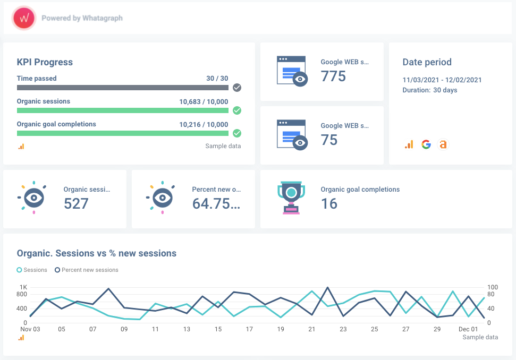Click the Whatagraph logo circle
[x=24, y=18]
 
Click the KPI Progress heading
[x=45, y=62]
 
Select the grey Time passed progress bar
[x=122, y=88]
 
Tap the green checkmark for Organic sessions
[x=237, y=110]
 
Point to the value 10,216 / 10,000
[x=204, y=125]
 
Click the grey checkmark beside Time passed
[x=237, y=88]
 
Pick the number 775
[x=333, y=76]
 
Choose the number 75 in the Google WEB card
[x=329, y=140]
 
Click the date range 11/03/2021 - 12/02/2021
[x=442, y=80]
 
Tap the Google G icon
[x=426, y=144]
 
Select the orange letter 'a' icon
[x=443, y=144]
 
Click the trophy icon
[x=291, y=198]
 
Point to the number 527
[x=76, y=203]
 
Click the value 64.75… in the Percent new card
[x=216, y=203]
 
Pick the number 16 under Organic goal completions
[x=329, y=203]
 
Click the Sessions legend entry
[x=32, y=270]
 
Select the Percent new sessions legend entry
[x=87, y=270]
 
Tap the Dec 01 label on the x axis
[x=468, y=329]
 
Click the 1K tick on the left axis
[x=23, y=287]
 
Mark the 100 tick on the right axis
[x=493, y=287]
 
